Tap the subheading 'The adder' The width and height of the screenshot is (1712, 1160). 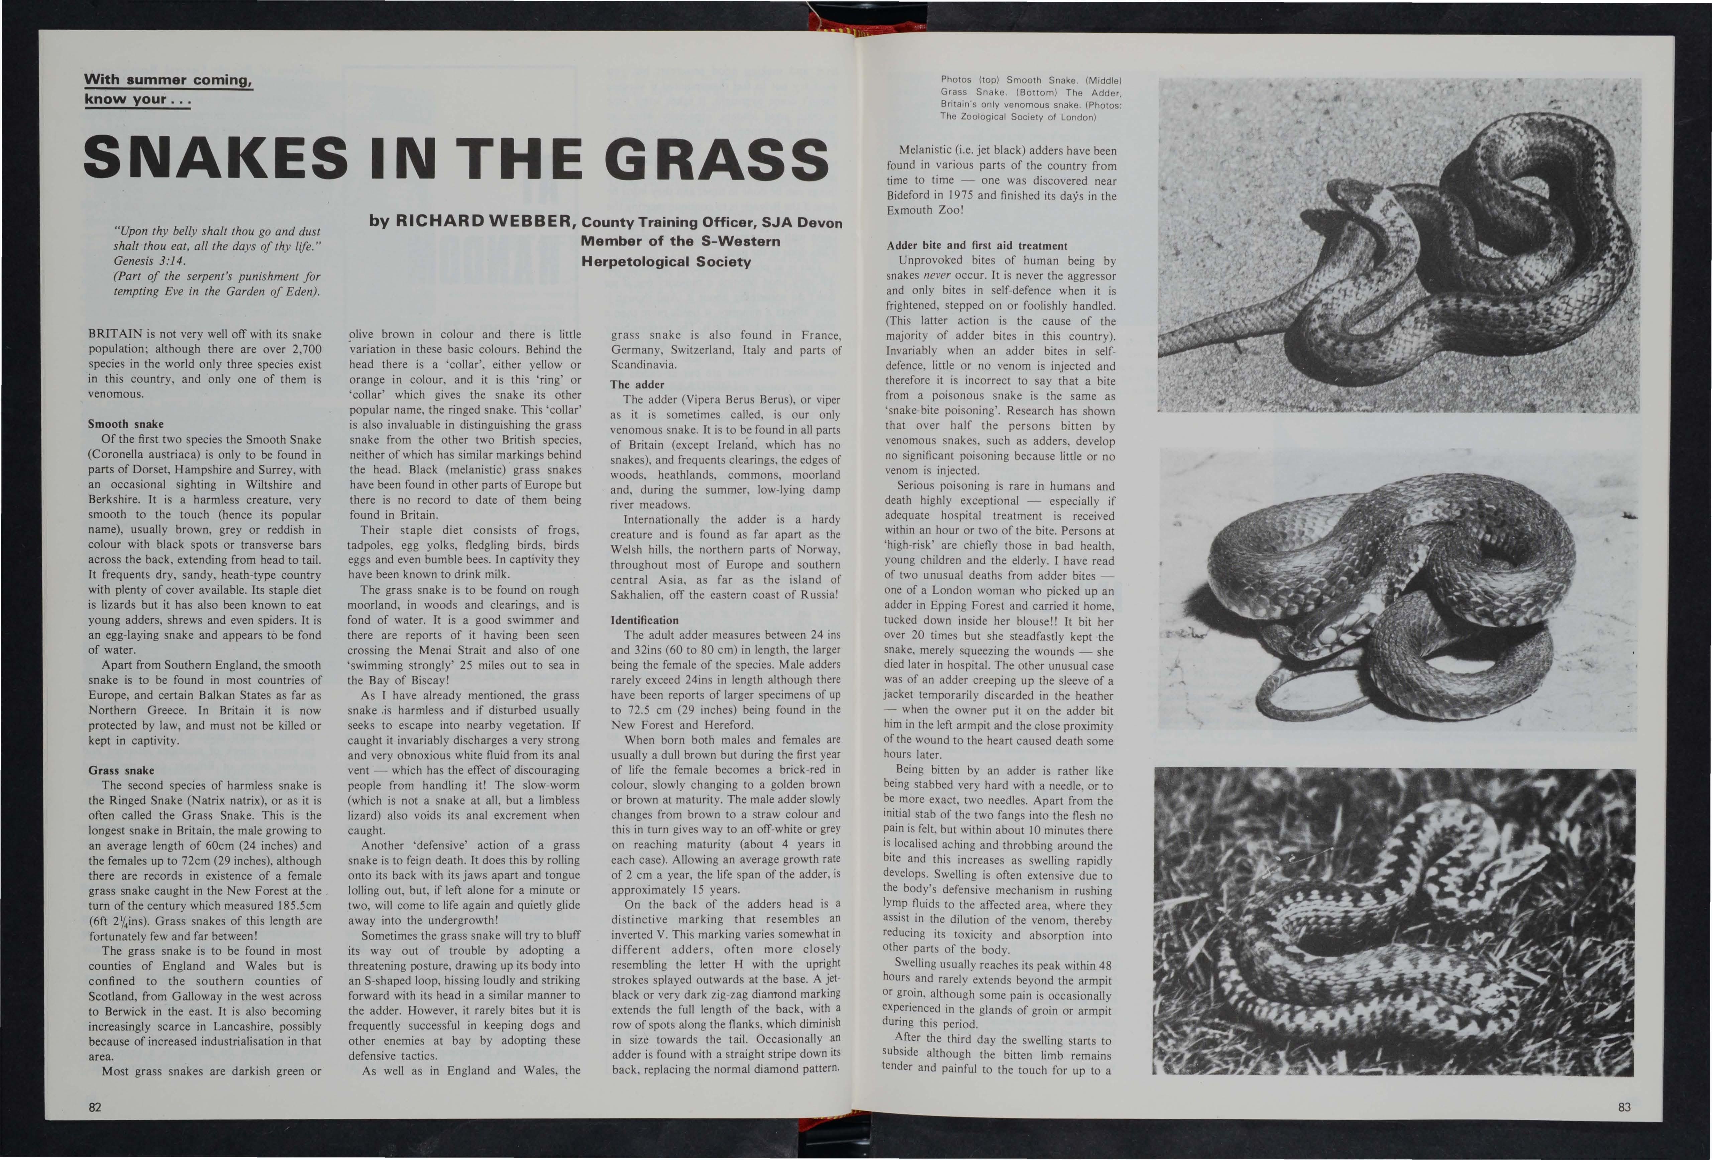coord(637,384)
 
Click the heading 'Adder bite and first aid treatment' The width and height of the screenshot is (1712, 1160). coord(977,245)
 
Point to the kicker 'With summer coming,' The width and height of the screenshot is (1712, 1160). coord(169,80)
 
